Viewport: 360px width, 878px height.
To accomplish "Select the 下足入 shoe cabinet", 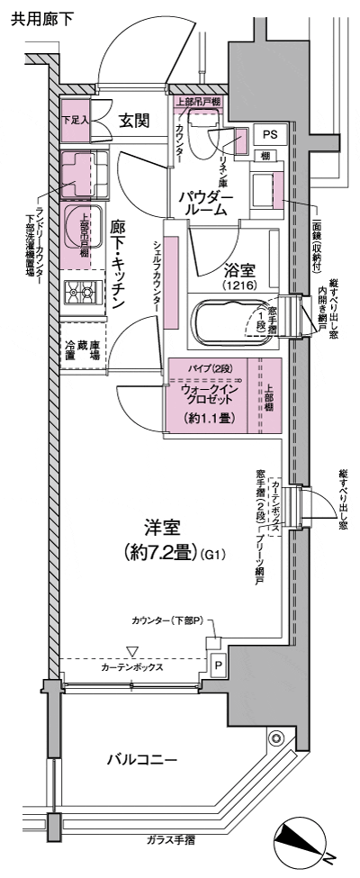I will (x=75, y=118).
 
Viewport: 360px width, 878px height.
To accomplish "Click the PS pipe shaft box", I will (x=269, y=132).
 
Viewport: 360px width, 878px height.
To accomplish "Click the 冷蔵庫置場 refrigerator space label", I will (x=82, y=349).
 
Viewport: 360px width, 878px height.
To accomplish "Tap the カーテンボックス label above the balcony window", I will (x=131, y=668).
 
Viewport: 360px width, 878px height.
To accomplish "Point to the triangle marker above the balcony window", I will (x=132, y=650).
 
